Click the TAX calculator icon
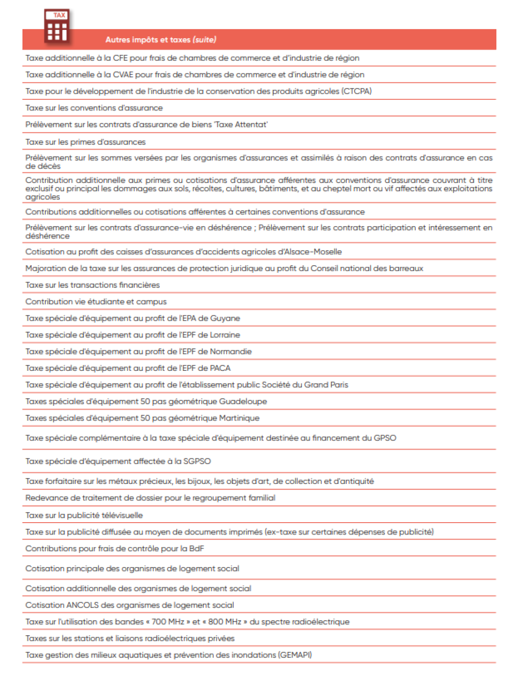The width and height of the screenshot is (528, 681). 57,27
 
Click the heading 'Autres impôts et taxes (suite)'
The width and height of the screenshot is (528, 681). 161,40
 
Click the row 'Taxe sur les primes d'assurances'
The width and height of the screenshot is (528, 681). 85,142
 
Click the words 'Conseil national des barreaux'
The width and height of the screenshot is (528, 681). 367,269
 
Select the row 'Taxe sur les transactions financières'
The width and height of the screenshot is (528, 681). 92,286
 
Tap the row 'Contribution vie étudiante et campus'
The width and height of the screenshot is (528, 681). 96,302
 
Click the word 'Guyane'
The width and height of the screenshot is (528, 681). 225,319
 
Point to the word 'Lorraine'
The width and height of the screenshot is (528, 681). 225,335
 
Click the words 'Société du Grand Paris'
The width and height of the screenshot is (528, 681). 304,385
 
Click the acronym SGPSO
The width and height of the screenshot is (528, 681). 197,461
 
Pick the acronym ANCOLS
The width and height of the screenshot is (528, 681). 82,605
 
